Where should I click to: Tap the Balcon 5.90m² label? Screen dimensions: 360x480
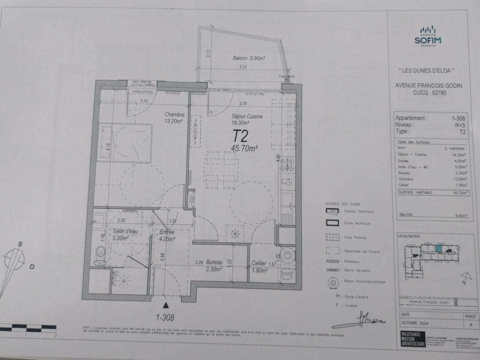[x=249, y=58]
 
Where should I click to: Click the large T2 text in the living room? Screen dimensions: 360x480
[x=240, y=136]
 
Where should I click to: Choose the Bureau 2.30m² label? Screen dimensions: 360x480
[x=214, y=266]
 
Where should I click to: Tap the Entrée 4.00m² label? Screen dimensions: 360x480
[x=167, y=236]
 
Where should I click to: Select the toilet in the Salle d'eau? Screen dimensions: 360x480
[x=101, y=252]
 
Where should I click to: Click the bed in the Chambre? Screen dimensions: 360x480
[x=124, y=143]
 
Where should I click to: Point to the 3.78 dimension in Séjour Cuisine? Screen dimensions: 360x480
[x=243, y=104]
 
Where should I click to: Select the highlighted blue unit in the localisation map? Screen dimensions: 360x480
[x=439, y=248]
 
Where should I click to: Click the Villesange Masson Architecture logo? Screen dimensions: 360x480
[x=413, y=339]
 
